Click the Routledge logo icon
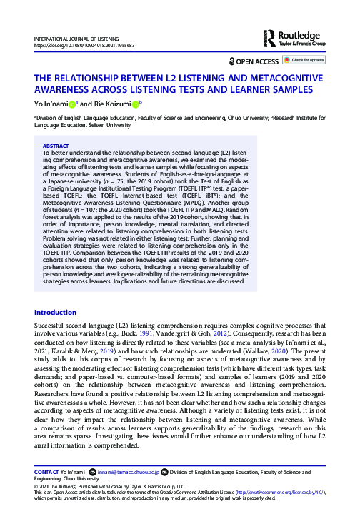pyautogui.click(x=269, y=36)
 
